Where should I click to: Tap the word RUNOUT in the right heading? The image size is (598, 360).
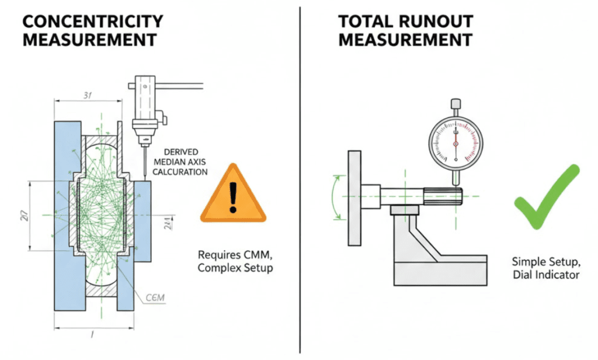436,22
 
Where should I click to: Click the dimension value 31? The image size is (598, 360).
88,96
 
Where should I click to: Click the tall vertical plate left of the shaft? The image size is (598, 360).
354,198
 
